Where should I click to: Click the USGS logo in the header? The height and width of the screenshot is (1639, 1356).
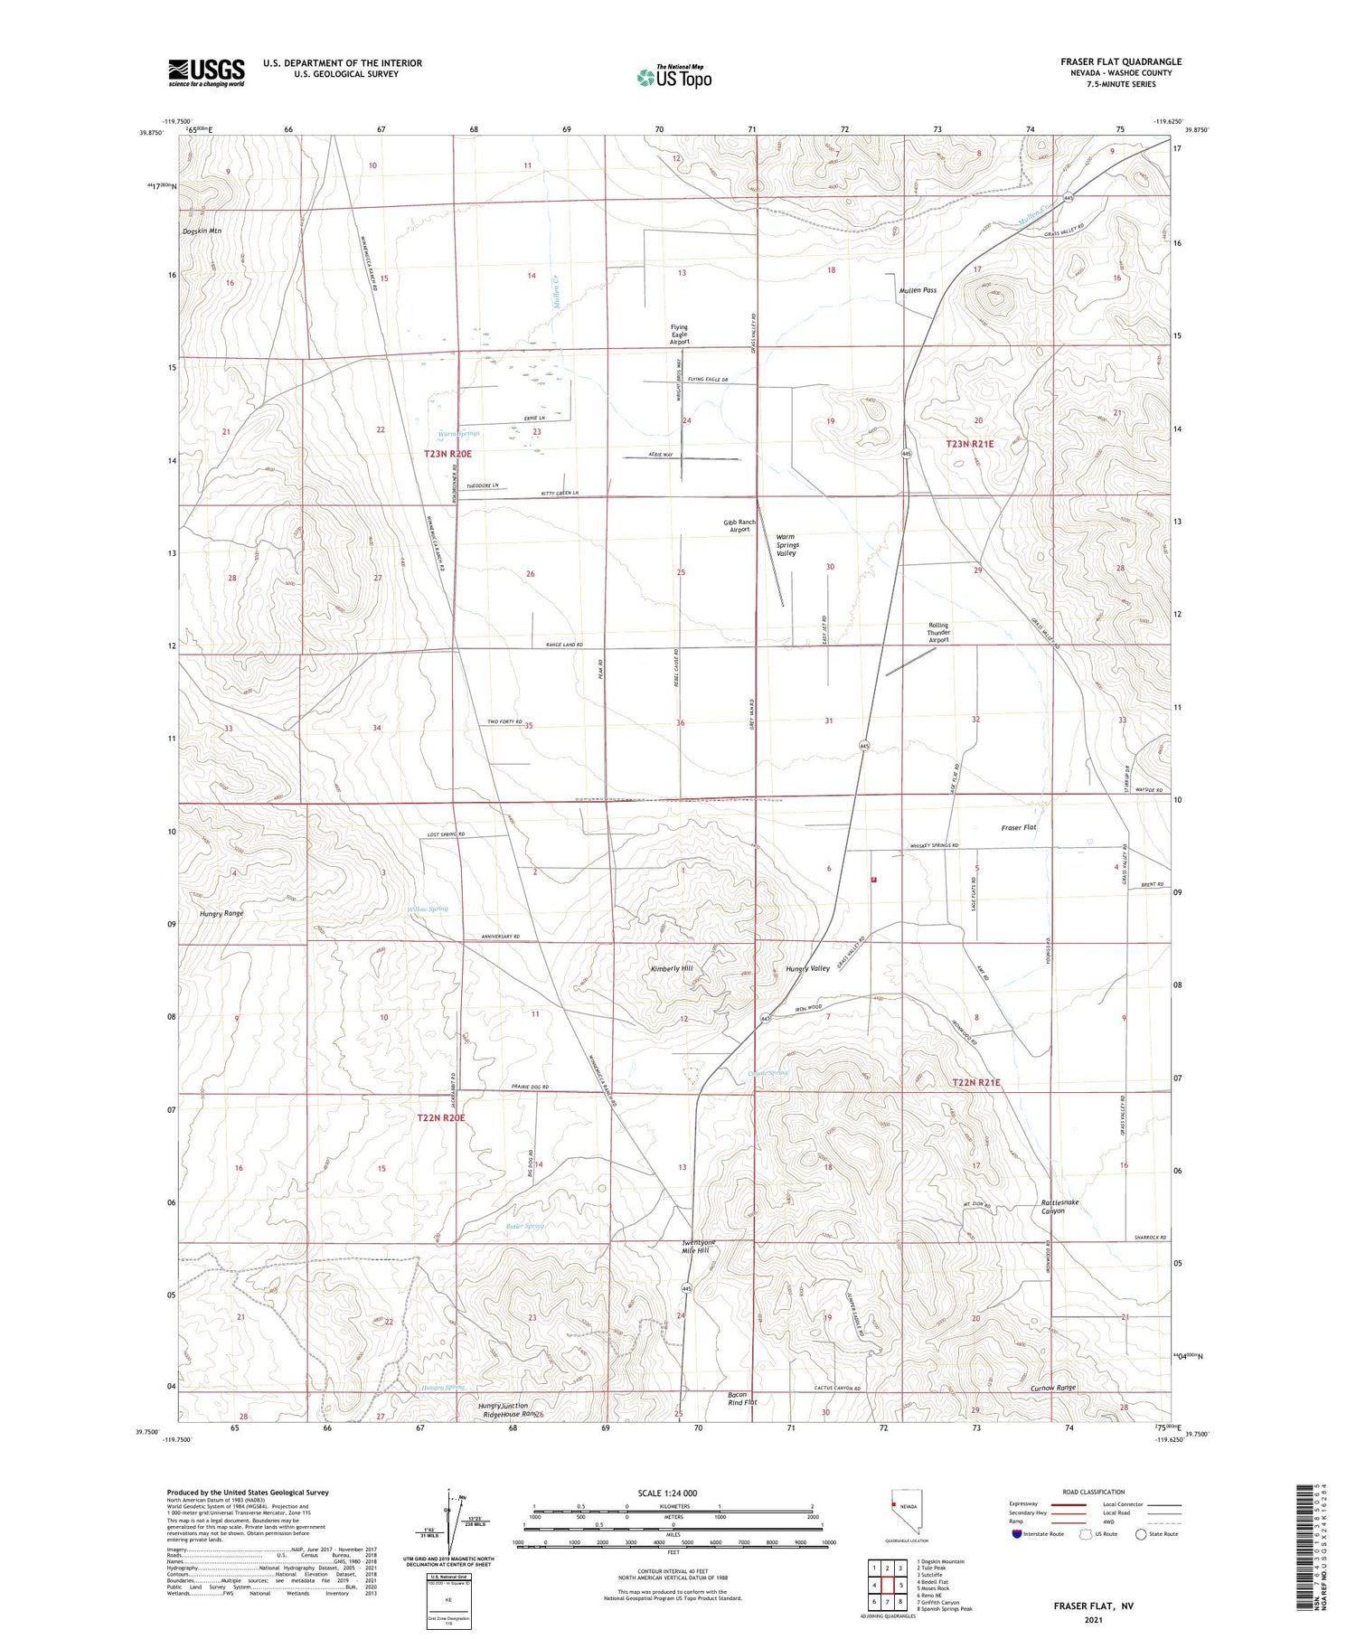[206, 72]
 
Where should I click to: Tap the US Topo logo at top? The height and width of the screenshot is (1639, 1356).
[674, 78]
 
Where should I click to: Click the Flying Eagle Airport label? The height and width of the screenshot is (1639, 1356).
[679, 334]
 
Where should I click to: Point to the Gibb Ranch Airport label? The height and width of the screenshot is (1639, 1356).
[739, 526]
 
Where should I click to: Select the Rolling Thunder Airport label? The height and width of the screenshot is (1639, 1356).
[938, 633]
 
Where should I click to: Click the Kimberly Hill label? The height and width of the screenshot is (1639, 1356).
[672, 968]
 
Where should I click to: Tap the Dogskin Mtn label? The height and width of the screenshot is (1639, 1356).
[202, 231]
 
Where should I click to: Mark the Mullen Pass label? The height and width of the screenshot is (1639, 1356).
[918, 291]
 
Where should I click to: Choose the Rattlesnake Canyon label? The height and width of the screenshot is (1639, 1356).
[1059, 1207]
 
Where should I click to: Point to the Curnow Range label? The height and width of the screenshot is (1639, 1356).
[1053, 1388]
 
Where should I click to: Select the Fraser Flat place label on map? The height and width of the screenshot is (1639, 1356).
[1019, 827]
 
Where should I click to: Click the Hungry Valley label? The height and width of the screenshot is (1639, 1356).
[807, 968]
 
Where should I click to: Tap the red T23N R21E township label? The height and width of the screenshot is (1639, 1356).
[970, 444]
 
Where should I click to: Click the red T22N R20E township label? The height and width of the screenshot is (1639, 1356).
[441, 1118]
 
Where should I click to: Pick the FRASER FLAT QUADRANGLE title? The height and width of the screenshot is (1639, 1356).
[1121, 61]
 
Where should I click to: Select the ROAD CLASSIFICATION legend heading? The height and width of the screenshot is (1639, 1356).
[1094, 1493]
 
